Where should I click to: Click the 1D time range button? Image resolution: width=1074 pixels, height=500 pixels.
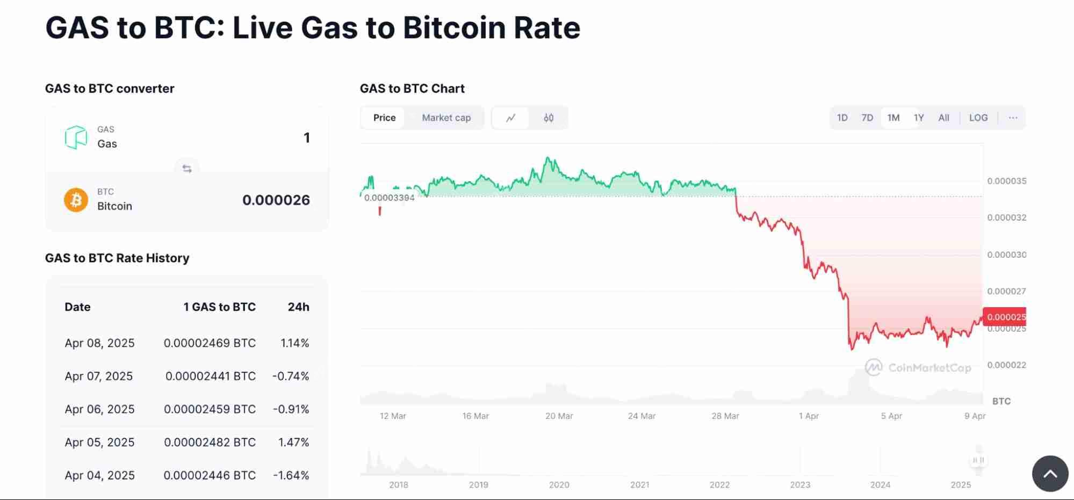click(842, 118)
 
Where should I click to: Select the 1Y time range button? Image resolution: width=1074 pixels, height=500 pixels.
click(919, 118)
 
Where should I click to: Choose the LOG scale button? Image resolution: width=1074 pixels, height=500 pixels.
click(978, 118)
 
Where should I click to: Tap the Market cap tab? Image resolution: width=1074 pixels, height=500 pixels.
click(446, 118)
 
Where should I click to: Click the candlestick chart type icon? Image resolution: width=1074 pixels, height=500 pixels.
click(548, 118)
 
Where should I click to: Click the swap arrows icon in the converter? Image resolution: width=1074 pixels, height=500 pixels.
click(187, 169)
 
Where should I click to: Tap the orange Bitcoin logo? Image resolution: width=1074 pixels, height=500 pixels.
click(76, 200)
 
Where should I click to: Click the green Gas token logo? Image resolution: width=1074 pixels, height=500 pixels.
click(76, 137)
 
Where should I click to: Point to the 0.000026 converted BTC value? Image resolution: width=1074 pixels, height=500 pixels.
click(276, 200)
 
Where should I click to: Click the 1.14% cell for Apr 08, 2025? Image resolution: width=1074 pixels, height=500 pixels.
click(294, 343)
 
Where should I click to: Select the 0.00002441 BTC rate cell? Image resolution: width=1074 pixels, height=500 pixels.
click(210, 376)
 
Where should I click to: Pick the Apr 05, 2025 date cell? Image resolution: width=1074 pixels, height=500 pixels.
click(99, 443)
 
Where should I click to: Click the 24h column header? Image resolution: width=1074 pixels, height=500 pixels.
click(298, 307)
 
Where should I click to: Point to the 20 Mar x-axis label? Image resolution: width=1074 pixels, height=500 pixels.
click(559, 416)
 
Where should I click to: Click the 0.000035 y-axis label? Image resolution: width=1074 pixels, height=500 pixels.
click(1006, 181)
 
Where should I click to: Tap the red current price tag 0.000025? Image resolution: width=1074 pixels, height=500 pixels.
click(1005, 317)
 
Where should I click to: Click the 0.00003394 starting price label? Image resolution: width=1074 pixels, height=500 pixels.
click(389, 198)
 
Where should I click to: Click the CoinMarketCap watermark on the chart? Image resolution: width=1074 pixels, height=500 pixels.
click(919, 368)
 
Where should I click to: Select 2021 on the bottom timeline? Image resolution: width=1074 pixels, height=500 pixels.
click(639, 485)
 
